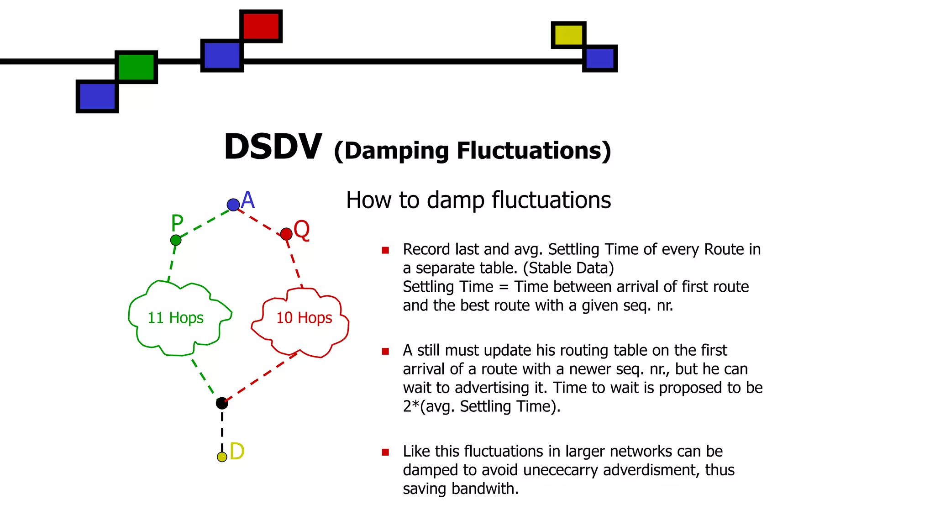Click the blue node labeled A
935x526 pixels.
233,205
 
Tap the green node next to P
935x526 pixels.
176,240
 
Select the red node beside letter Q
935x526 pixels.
286,234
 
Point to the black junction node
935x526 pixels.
222,403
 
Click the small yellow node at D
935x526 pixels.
222,457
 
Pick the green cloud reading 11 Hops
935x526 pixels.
176,318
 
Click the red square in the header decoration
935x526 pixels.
261,26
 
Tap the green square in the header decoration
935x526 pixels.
136,67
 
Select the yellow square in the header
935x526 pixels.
568,35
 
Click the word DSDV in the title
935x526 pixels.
273,147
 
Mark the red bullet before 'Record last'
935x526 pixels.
385,250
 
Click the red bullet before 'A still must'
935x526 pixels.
385,351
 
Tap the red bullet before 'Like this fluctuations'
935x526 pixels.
385,452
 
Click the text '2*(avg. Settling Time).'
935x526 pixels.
481,406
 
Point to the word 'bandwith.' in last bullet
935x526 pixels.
485,489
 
